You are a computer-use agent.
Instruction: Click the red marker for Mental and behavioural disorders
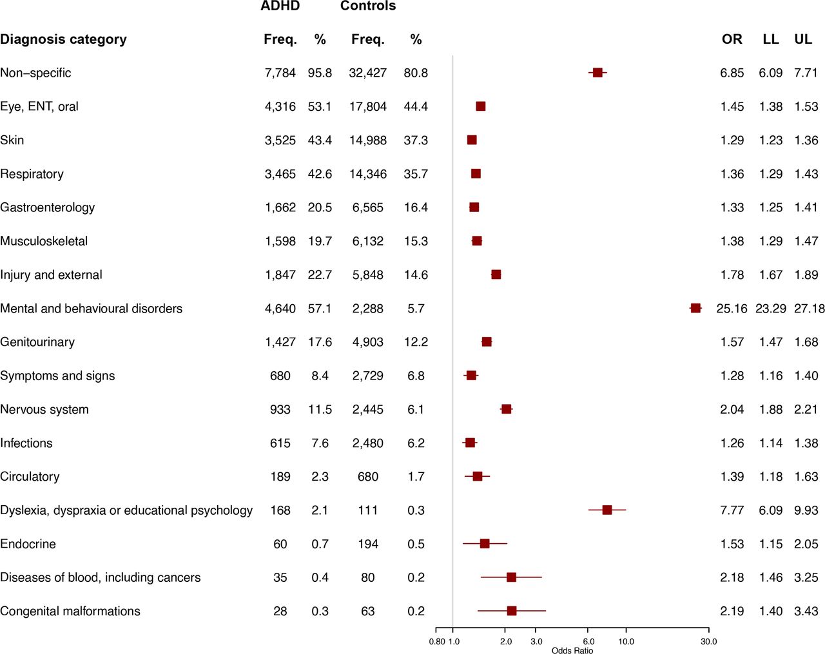[695, 309]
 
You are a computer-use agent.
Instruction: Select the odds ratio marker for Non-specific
[597, 73]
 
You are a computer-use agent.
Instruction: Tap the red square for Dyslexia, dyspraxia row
[607, 510]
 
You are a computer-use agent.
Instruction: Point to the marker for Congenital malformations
[512, 611]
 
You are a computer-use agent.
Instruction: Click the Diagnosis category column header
[63, 39]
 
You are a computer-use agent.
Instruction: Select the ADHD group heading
[280, 6]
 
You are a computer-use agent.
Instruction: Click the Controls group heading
[368, 6]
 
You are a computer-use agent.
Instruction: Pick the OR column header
[732, 39]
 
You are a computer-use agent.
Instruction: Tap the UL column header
[803, 39]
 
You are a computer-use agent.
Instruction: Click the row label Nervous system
[44, 410]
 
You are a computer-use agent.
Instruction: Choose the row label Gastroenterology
[47, 207]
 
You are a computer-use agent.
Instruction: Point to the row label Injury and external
[51, 275]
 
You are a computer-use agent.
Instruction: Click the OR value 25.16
[732, 309]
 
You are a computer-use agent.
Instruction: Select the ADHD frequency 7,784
[280, 73]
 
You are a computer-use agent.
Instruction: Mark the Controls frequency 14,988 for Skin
[367, 140]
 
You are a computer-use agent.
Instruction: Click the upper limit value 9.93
[806, 510]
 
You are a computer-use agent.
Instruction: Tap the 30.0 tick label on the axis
[709, 642]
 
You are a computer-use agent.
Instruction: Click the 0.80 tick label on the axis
[437, 642]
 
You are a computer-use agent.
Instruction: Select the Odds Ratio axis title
[572, 650]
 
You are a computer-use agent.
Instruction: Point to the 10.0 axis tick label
[626, 642]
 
